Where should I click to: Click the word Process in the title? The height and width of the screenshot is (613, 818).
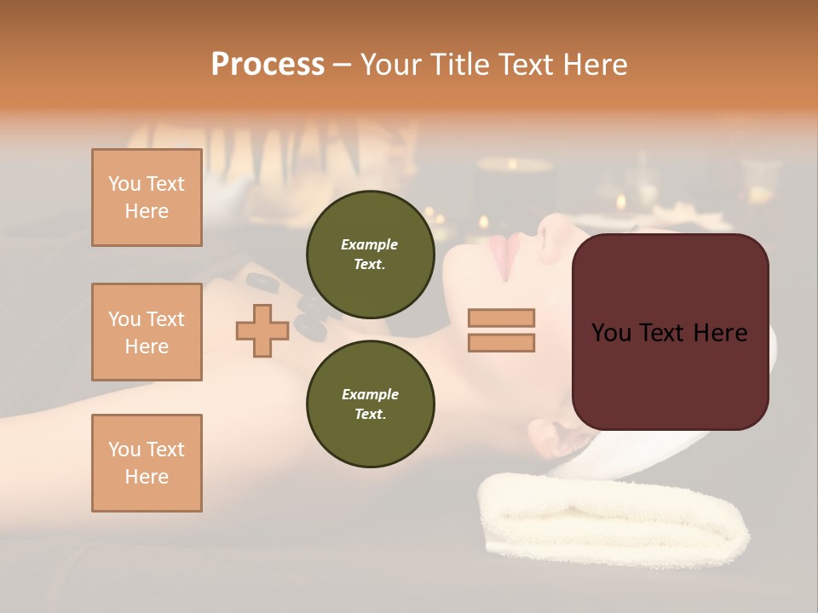pyautogui.click(x=268, y=64)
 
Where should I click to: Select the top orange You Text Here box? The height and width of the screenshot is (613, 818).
pyautogui.click(x=147, y=198)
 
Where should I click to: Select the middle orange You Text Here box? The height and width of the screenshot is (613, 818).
pyautogui.click(x=147, y=332)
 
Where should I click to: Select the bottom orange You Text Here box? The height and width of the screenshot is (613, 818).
pyautogui.click(x=147, y=462)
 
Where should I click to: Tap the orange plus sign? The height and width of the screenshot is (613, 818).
pyautogui.click(x=262, y=330)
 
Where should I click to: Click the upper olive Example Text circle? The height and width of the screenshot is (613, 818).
pyautogui.click(x=370, y=254)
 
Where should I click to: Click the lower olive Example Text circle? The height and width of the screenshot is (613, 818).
pyautogui.click(x=370, y=404)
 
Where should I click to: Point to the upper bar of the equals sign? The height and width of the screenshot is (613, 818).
pyautogui.click(x=501, y=318)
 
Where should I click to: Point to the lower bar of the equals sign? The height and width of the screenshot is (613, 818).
pyautogui.click(x=501, y=342)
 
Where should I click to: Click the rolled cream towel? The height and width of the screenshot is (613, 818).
pyautogui.click(x=613, y=519)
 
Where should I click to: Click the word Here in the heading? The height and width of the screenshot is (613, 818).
pyautogui.click(x=594, y=64)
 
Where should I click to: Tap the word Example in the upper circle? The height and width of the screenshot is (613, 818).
pyautogui.click(x=370, y=244)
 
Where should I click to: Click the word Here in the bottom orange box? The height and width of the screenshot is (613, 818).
pyautogui.click(x=147, y=477)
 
